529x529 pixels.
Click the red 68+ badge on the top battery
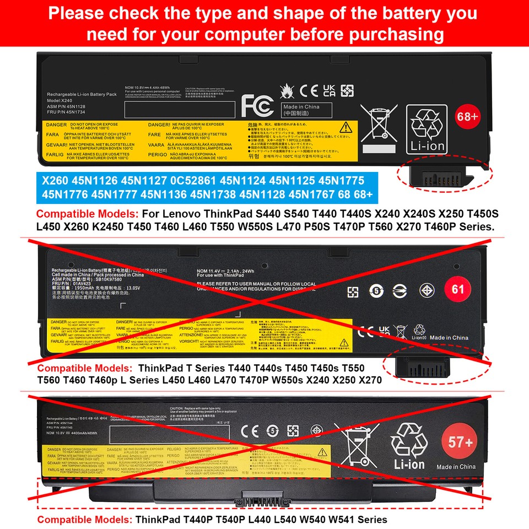[468, 117]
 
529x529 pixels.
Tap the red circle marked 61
[457, 289]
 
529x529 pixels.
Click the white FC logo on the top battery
[258, 104]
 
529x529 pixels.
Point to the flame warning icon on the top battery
[287, 90]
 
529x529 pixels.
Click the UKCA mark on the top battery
[329, 90]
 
